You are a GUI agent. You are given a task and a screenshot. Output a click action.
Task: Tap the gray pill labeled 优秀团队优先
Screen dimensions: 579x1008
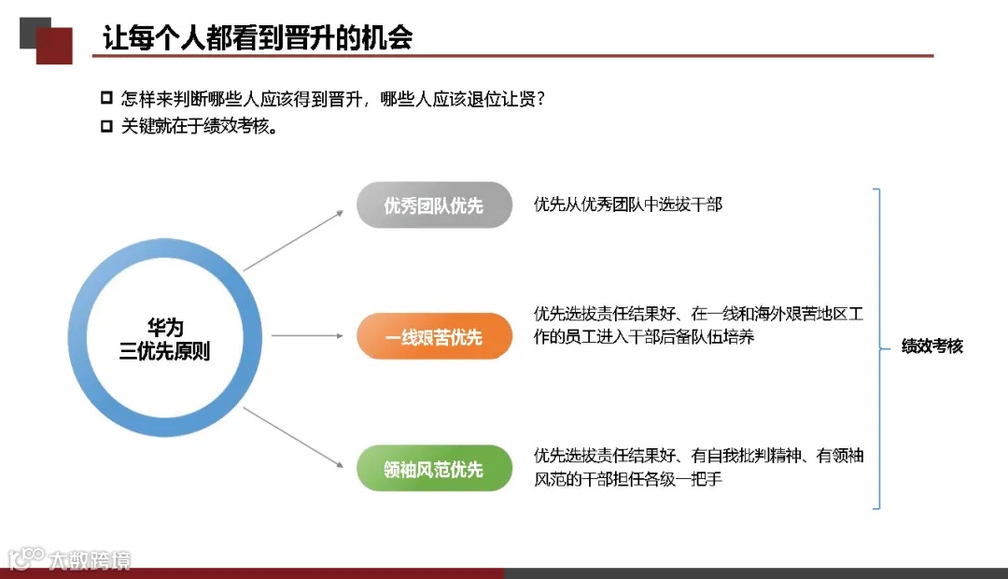tap(434, 205)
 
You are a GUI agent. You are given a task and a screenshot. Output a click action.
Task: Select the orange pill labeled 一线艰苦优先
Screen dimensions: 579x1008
tap(434, 337)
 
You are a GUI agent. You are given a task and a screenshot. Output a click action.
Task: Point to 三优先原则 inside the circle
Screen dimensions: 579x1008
tap(165, 352)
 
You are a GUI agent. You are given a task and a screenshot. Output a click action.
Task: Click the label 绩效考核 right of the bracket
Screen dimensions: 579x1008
tap(931, 346)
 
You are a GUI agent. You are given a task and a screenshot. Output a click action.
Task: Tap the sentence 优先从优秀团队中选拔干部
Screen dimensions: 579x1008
tap(627, 205)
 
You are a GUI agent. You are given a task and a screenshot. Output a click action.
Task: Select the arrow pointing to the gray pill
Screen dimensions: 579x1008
tap(294, 241)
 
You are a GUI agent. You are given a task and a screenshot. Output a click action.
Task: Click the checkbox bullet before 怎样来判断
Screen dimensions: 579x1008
tap(106, 98)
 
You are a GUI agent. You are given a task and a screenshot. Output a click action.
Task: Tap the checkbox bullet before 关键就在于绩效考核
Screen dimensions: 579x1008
tap(106, 127)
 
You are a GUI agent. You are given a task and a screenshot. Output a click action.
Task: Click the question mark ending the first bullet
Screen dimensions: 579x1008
tap(539, 99)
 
